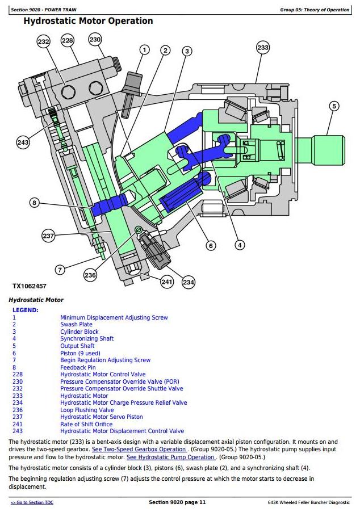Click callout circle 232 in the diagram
click(44, 41)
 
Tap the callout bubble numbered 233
click(263, 48)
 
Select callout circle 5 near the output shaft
click(334, 106)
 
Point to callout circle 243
click(23, 142)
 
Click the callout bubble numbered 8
click(34, 203)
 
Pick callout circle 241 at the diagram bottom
click(167, 282)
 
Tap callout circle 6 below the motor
click(211, 246)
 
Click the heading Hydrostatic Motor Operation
click(88, 21)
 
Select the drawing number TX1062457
click(30, 286)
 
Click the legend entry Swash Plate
click(77, 324)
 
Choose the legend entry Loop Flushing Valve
click(87, 410)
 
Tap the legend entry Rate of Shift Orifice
click(86, 424)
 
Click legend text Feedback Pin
click(78, 367)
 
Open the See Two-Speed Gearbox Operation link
click(140, 450)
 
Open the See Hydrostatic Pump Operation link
click(171, 457)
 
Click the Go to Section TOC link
click(32, 502)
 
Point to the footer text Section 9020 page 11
click(177, 502)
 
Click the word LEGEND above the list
click(26, 310)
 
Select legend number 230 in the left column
click(18, 381)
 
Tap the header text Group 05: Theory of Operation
click(315, 10)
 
